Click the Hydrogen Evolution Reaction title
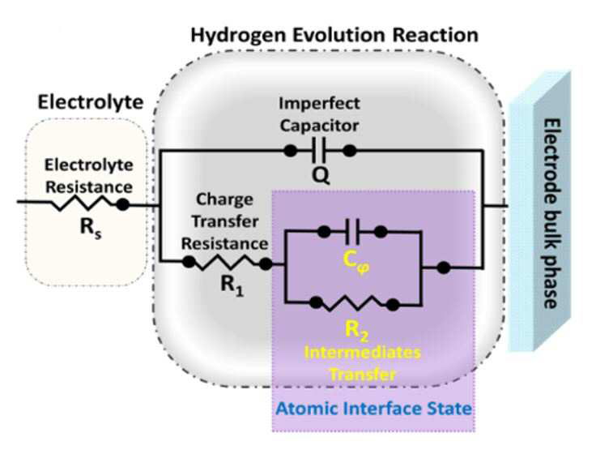point(334,36)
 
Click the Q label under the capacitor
point(321,176)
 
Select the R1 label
point(232,285)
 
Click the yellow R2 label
point(356,331)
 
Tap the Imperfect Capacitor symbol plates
point(318,151)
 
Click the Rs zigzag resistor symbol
point(82,203)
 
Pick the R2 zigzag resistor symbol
point(354,304)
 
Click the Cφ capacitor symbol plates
point(352,231)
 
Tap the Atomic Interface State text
point(373,409)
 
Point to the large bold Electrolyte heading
point(91,102)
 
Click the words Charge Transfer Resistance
point(224,221)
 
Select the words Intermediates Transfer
point(362,363)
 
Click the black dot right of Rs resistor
point(122,205)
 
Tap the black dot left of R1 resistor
point(189,262)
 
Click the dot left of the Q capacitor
point(291,151)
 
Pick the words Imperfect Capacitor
point(319,114)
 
